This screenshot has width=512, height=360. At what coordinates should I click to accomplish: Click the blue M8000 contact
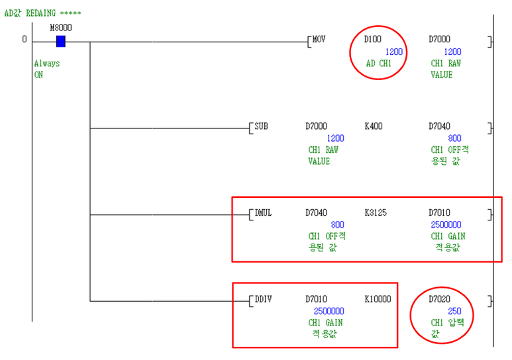[x=61, y=41]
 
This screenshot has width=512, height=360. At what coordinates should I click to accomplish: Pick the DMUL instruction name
[x=264, y=212]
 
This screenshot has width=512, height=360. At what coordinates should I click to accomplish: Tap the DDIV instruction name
[x=264, y=298]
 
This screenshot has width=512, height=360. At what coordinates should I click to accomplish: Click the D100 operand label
[x=373, y=39]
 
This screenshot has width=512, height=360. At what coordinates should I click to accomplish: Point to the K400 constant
[x=374, y=125]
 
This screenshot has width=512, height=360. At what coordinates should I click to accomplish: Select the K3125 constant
[x=376, y=212]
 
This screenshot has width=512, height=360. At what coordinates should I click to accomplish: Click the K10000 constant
[x=378, y=298]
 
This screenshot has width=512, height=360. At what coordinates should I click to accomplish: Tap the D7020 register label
[x=439, y=298]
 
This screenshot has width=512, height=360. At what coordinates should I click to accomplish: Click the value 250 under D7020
[x=454, y=310]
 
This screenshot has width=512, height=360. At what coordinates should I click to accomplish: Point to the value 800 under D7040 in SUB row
[x=454, y=138]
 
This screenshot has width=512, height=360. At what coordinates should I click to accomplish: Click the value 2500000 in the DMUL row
[x=446, y=224]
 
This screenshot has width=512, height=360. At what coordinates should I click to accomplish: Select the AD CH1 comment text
[x=379, y=64]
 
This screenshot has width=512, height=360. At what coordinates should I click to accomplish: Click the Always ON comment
[x=46, y=69]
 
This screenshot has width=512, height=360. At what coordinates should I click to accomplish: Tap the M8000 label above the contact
[x=61, y=27]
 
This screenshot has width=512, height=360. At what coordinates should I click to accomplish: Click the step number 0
[x=25, y=39]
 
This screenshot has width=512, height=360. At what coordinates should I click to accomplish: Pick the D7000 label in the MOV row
[x=439, y=39]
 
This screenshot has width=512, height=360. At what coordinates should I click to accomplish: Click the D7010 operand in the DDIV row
[x=316, y=298]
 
